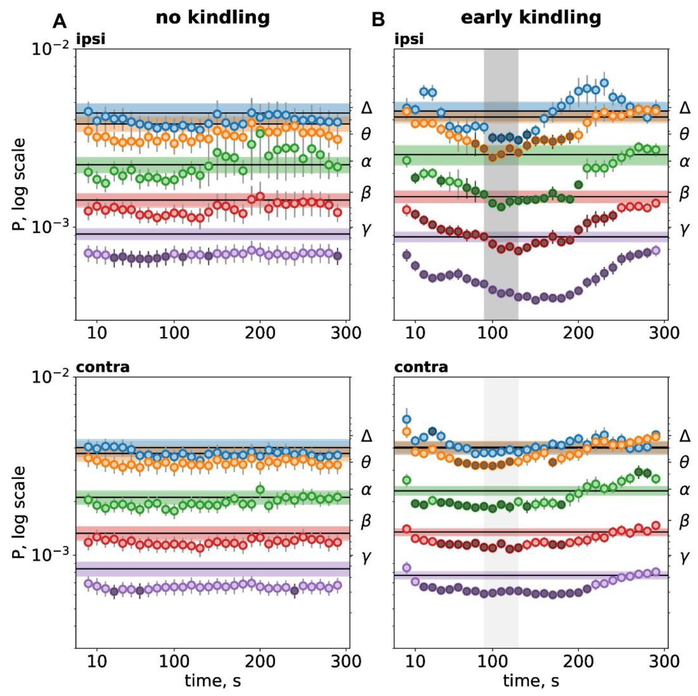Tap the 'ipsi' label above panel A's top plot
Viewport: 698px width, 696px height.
[91, 39]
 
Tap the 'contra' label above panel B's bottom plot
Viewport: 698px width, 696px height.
[421, 367]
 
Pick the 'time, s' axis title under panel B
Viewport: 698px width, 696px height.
[531, 681]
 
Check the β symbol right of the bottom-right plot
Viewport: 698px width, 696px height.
[684, 521]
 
